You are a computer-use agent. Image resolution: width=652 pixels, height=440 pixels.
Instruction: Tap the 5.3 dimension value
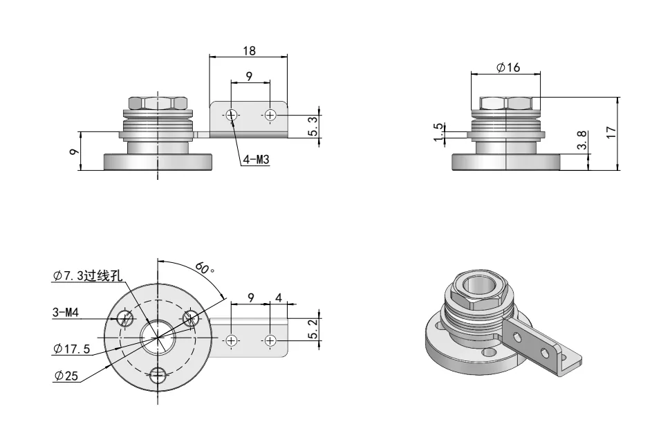313,125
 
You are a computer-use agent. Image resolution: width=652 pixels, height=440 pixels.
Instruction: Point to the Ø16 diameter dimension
508,66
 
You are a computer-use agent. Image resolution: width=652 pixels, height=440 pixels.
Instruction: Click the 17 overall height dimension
611,132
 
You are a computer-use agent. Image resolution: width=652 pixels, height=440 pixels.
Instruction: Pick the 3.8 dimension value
581,143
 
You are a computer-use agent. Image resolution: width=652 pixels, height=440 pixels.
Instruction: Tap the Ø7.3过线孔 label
87,275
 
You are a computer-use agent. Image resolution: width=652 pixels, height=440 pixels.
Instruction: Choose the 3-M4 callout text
66,313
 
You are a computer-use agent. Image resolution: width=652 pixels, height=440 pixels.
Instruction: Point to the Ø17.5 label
71,349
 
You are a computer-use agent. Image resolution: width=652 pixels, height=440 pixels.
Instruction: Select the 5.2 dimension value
313,329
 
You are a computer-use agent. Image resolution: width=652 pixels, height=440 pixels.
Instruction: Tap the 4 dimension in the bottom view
278,297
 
